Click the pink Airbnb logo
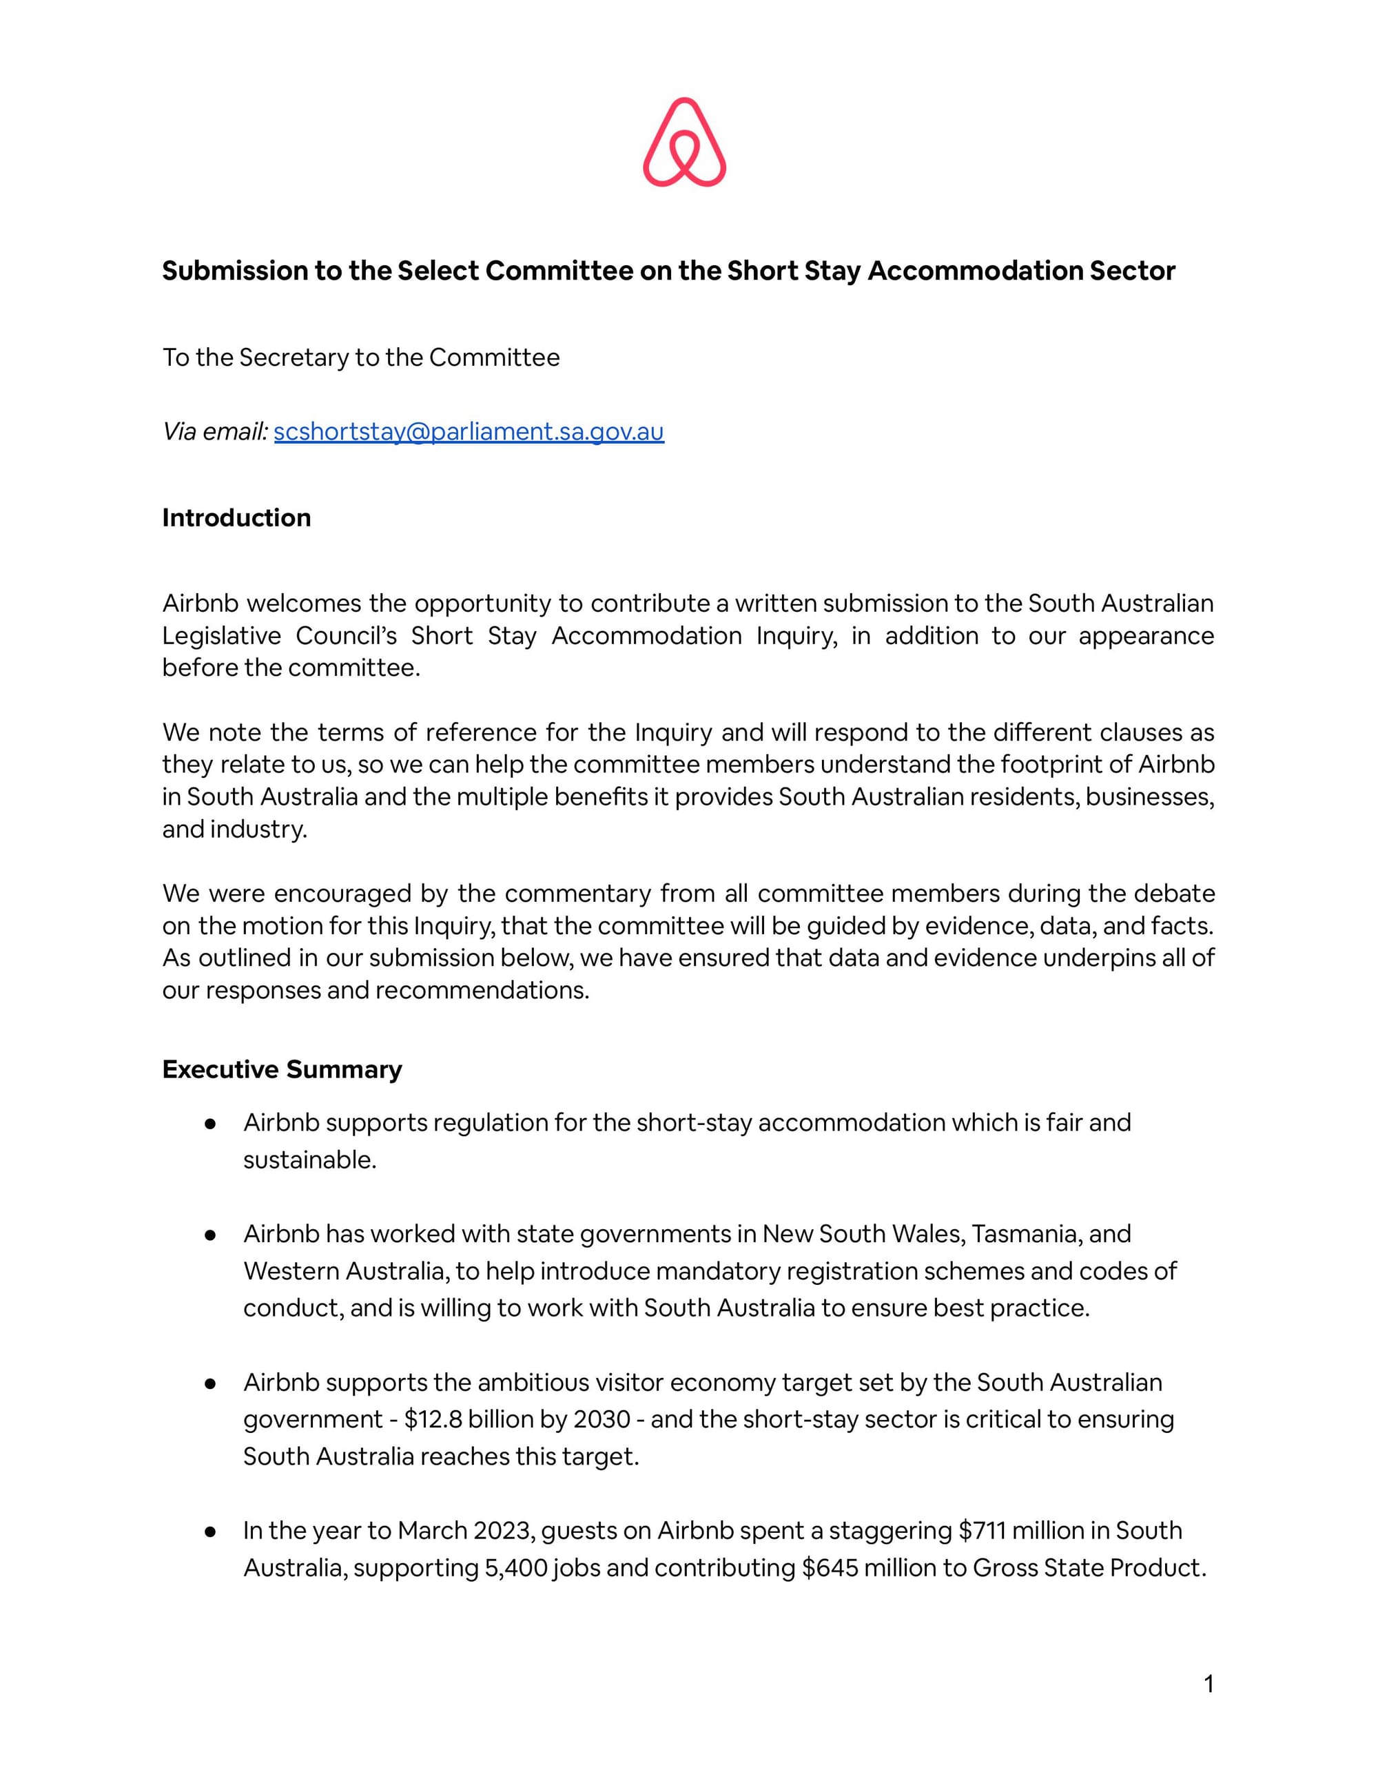tap(684, 142)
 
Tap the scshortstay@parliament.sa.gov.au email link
tap(469, 431)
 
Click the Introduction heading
tap(236, 517)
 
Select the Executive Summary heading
tap(282, 1069)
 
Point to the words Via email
tap(215, 431)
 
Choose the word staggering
tap(889, 1530)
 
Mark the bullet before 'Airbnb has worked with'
tap(210, 1235)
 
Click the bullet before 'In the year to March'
tap(210, 1532)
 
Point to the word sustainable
tap(309, 1160)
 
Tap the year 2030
tap(601, 1419)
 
